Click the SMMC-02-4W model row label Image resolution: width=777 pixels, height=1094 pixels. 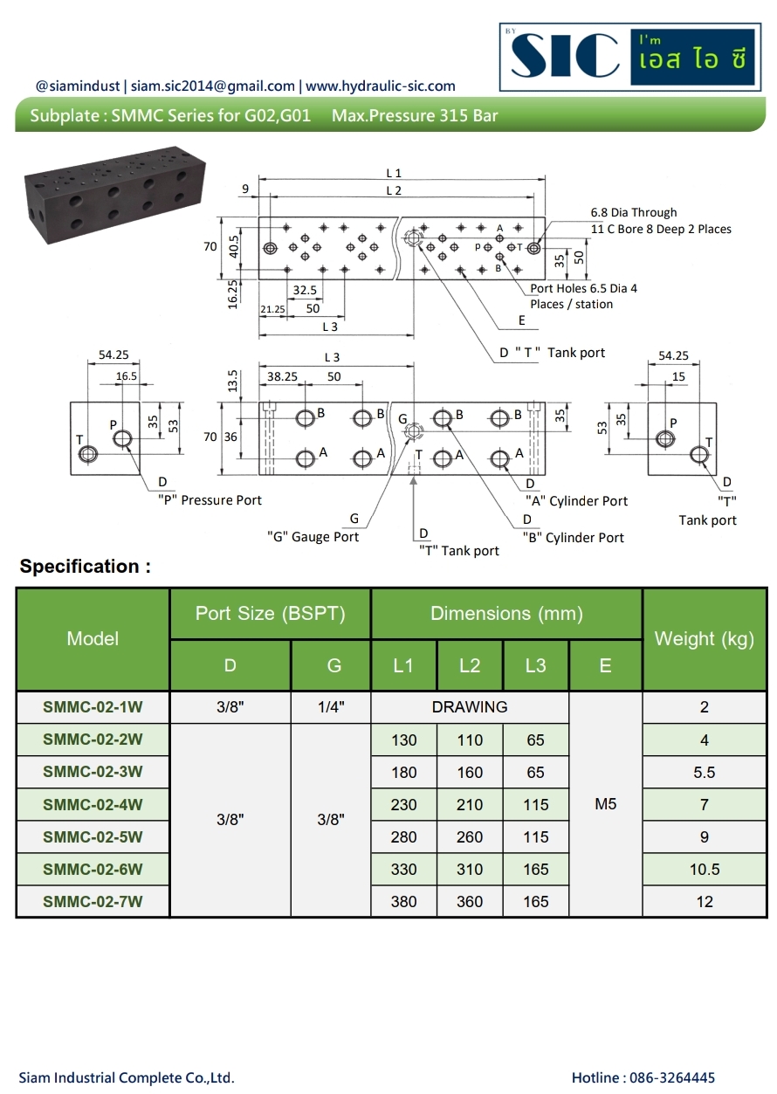(93, 804)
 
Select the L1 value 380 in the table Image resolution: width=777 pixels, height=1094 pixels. (403, 901)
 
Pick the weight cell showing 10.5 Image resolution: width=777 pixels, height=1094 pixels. (704, 869)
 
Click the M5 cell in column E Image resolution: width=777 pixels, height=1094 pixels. (605, 804)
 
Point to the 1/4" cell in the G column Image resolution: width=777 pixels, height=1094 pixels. (331, 707)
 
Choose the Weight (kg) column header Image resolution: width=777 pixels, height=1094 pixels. (704, 639)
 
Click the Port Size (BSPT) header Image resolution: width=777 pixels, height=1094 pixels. (270, 614)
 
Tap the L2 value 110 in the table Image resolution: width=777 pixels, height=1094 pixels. (470, 740)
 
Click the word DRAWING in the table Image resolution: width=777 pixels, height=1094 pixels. (470, 707)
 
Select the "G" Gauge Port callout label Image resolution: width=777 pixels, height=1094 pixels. (313, 537)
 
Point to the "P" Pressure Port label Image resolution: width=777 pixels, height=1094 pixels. (210, 500)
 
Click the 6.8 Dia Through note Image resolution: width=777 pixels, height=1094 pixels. (634, 212)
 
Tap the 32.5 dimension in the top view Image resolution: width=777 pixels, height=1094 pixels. (305, 290)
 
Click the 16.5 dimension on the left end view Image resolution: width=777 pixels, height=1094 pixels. (127, 375)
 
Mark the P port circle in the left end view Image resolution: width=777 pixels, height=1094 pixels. (121, 437)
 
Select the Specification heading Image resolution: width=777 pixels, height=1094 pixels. (85, 567)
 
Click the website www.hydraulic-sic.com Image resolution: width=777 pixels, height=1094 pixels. (381, 86)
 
